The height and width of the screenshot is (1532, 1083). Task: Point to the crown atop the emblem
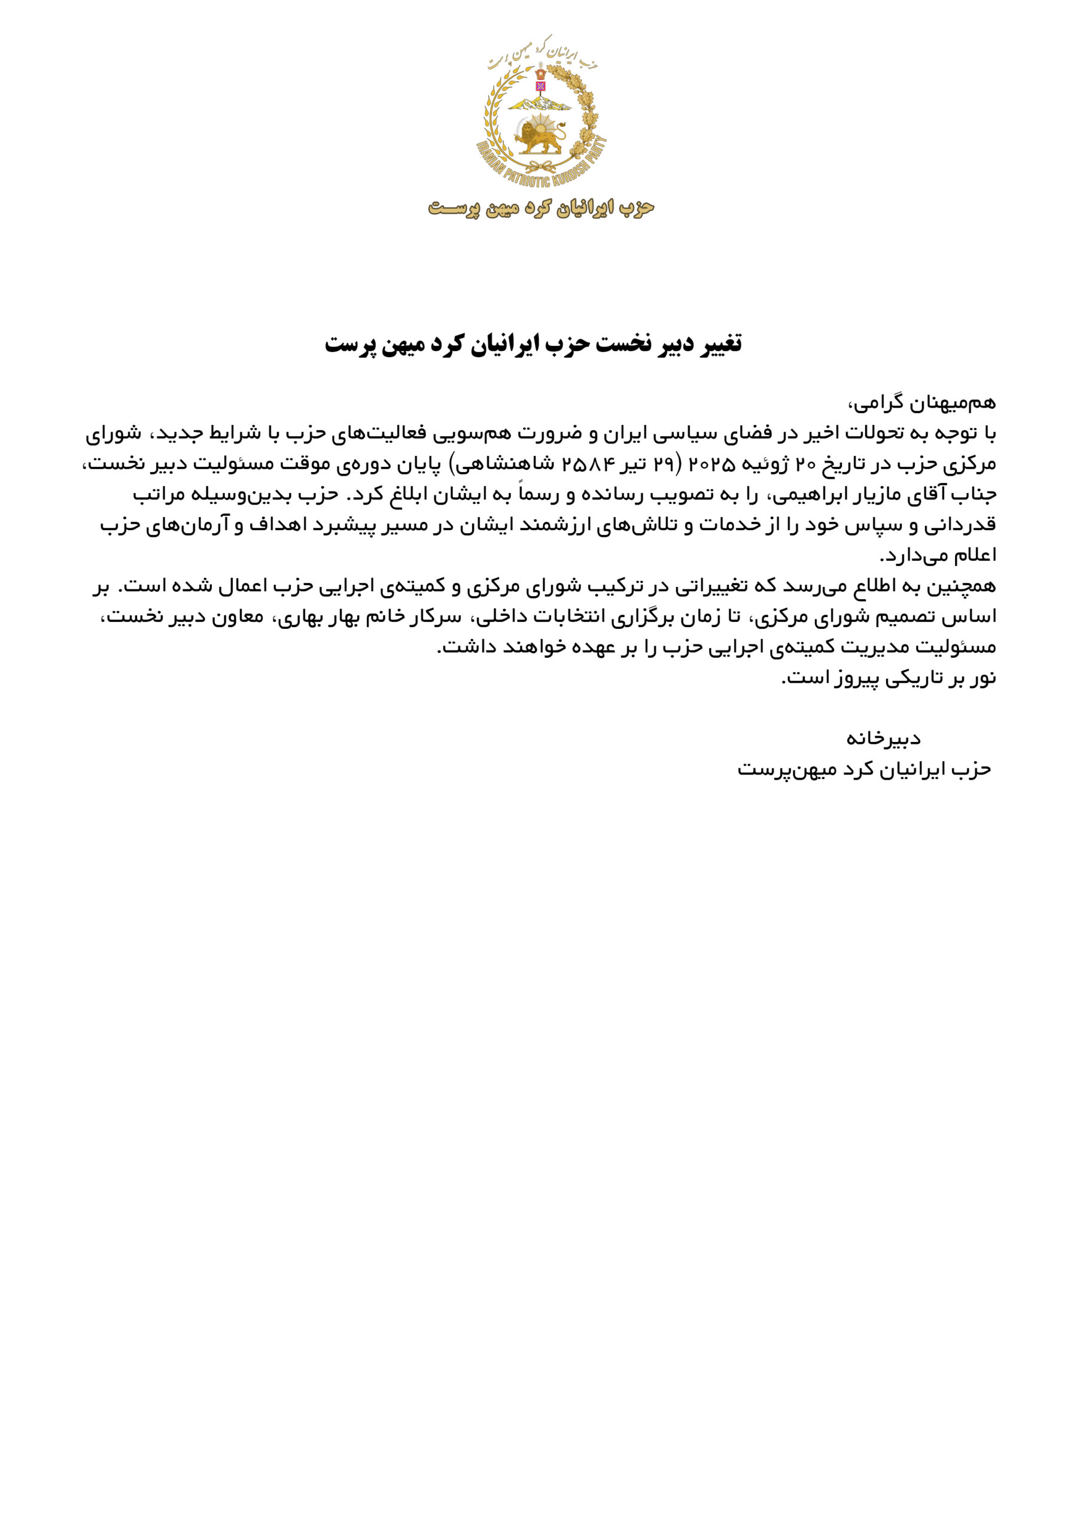pos(540,71)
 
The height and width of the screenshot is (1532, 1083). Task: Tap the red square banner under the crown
pos(540,86)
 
